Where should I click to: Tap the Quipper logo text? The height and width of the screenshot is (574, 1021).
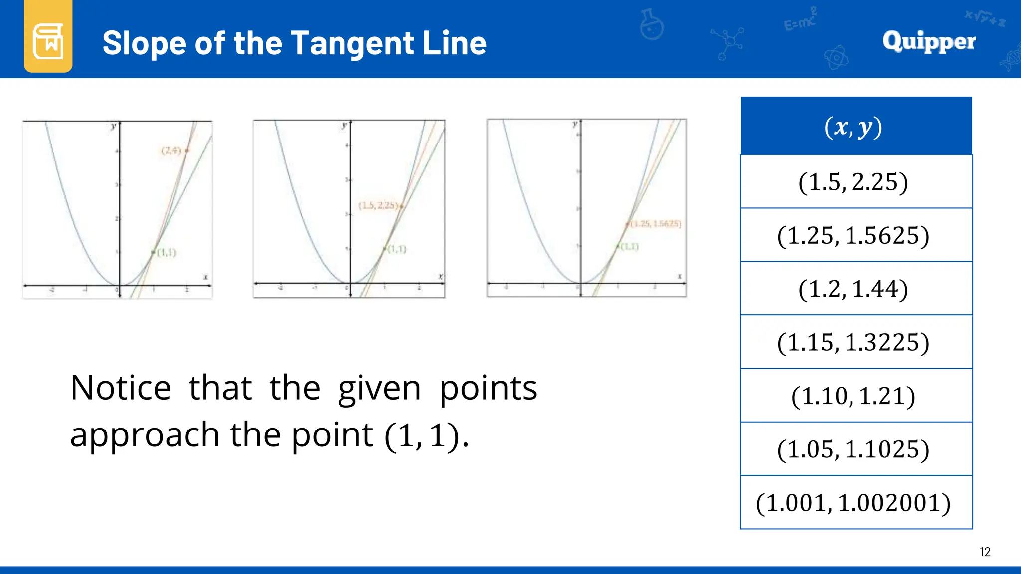tap(928, 41)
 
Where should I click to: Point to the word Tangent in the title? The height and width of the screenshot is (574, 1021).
tap(352, 43)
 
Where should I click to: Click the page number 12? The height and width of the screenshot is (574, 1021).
tap(985, 552)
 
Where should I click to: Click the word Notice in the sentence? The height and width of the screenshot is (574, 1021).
tap(121, 388)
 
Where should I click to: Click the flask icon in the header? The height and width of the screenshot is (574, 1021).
tap(651, 25)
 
